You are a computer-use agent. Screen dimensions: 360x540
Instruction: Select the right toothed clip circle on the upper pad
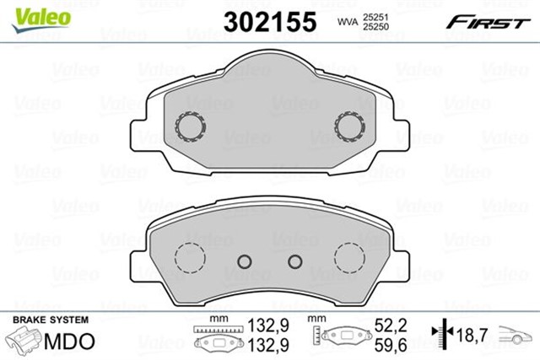click(x=348, y=126)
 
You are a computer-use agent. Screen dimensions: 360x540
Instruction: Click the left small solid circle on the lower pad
click(x=246, y=262)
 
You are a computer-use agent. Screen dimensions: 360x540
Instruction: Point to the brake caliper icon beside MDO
click(x=24, y=341)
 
